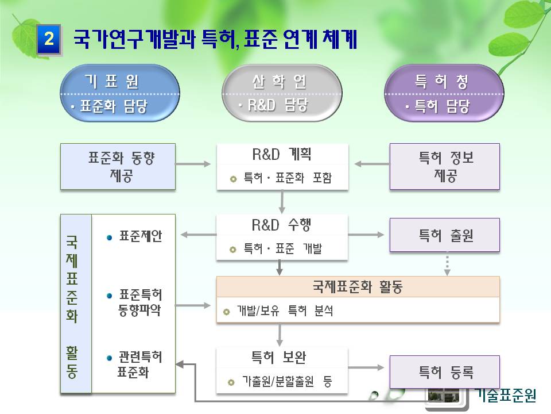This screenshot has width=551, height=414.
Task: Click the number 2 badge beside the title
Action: click(x=49, y=39)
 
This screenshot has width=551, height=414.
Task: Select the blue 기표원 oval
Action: click(x=120, y=93)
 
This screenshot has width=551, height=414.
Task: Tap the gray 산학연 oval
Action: click(x=282, y=93)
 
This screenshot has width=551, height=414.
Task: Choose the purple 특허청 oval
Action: click(x=444, y=93)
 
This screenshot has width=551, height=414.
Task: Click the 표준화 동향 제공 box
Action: click(x=118, y=167)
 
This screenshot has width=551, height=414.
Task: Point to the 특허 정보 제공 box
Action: click(x=444, y=167)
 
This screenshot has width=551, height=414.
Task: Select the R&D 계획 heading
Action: click(x=282, y=154)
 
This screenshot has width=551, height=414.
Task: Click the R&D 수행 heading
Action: click(x=281, y=225)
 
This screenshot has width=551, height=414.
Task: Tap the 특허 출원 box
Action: click(x=444, y=235)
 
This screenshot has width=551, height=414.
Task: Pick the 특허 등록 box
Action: click(x=444, y=372)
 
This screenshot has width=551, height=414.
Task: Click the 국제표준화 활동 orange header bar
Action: click(x=358, y=287)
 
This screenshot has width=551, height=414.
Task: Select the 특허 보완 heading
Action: click(x=279, y=358)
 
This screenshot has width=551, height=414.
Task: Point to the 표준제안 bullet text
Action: click(x=140, y=236)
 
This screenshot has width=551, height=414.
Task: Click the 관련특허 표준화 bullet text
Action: click(x=139, y=365)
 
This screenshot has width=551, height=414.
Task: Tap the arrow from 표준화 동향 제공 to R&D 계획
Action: click(x=193, y=164)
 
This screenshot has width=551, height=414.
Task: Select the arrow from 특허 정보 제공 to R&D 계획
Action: click(x=372, y=164)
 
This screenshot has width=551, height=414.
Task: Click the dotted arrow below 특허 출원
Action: click(x=447, y=264)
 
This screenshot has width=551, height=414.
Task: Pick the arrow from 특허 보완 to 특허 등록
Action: click(x=366, y=367)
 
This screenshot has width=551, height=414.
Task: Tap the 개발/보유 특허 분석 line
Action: click(x=285, y=311)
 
